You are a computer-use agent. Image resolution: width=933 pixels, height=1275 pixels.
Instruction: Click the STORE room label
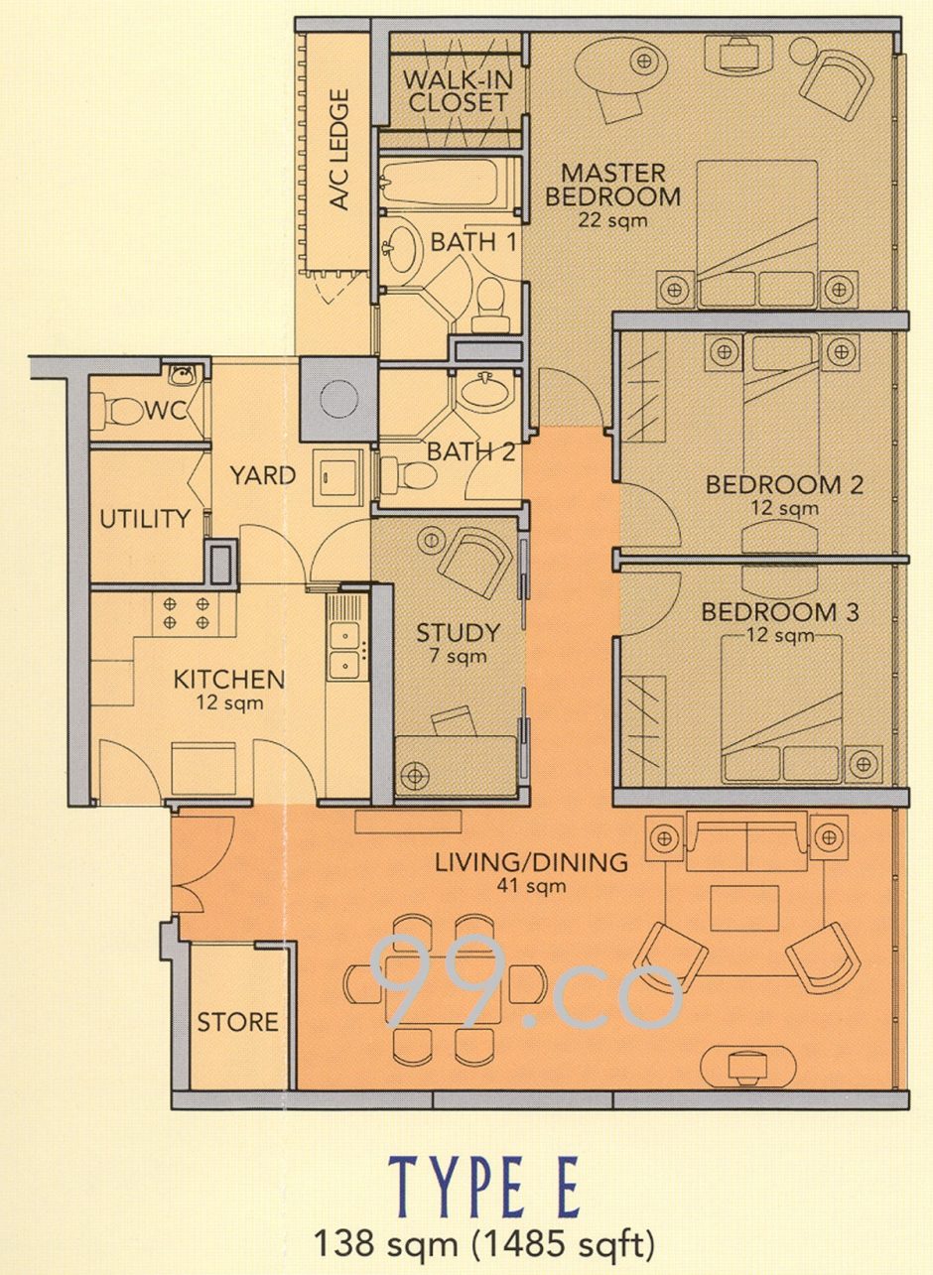click(x=237, y=1022)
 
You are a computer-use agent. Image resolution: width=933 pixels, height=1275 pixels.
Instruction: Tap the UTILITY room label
click(x=144, y=519)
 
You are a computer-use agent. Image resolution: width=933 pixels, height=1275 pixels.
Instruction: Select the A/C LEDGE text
click(x=340, y=151)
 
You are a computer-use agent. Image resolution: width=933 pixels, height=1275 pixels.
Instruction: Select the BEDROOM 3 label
click(x=782, y=610)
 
